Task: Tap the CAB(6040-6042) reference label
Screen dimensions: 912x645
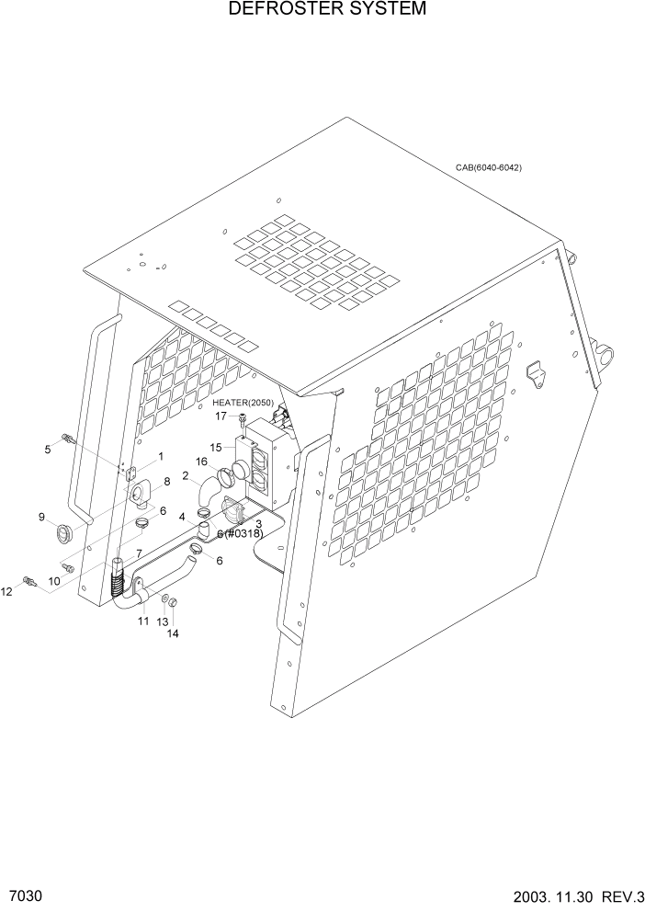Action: (488, 168)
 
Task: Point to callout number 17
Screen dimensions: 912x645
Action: (221, 416)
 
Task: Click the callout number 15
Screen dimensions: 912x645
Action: (216, 448)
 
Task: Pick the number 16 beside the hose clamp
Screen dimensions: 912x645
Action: (200, 462)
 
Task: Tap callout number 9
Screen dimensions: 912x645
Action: (41, 518)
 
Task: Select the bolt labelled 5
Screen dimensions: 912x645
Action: (66, 438)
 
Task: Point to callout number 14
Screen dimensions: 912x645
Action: (173, 633)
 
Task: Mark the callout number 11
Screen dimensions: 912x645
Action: (143, 622)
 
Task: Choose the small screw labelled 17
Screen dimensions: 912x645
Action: (243, 419)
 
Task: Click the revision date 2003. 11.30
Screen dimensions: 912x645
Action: (544, 896)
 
